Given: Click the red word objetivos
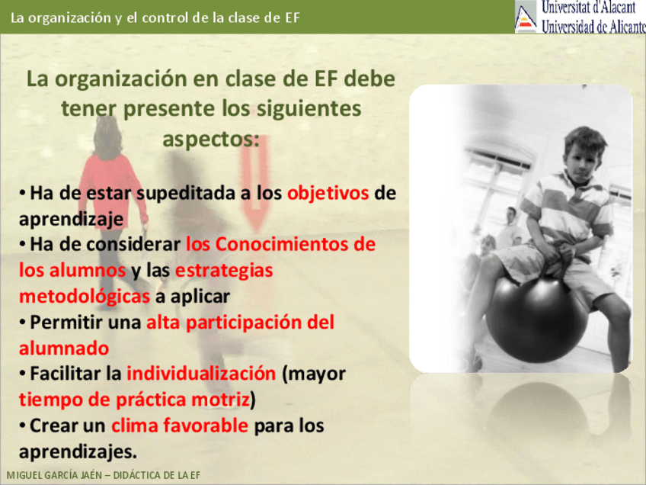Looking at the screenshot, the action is coord(328,194).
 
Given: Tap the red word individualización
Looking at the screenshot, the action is coord(201,374).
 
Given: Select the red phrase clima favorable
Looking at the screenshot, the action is coord(180,426).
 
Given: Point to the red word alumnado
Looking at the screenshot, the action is coord(64,348).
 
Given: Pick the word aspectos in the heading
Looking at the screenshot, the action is coord(211,140).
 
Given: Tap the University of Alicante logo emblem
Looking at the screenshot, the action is coord(526,17).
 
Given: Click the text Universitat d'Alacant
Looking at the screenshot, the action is coord(589,7).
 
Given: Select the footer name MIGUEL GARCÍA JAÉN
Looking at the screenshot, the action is coord(54,475).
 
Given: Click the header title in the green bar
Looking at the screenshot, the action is coord(155,18).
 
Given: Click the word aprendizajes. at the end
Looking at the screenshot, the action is coord(78,452).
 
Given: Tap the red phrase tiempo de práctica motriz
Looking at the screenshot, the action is coord(134,400).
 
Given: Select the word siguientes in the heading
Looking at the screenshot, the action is coord(309,110).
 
